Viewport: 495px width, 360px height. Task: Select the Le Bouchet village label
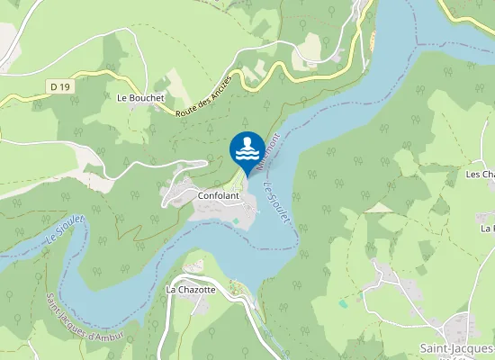point(140,97)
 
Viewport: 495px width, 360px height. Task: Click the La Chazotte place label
point(191,290)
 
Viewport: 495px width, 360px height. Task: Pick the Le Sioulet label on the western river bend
point(63,230)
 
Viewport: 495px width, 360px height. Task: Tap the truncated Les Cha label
point(481,174)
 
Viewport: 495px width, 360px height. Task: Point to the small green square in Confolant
point(237,220)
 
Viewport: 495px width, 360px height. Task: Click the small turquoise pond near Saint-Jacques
point(343,304)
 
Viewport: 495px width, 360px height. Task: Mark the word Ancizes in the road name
point(219,85)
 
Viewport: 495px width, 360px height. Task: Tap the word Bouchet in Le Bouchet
point(147,97)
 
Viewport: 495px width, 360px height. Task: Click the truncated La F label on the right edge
point(487,229)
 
